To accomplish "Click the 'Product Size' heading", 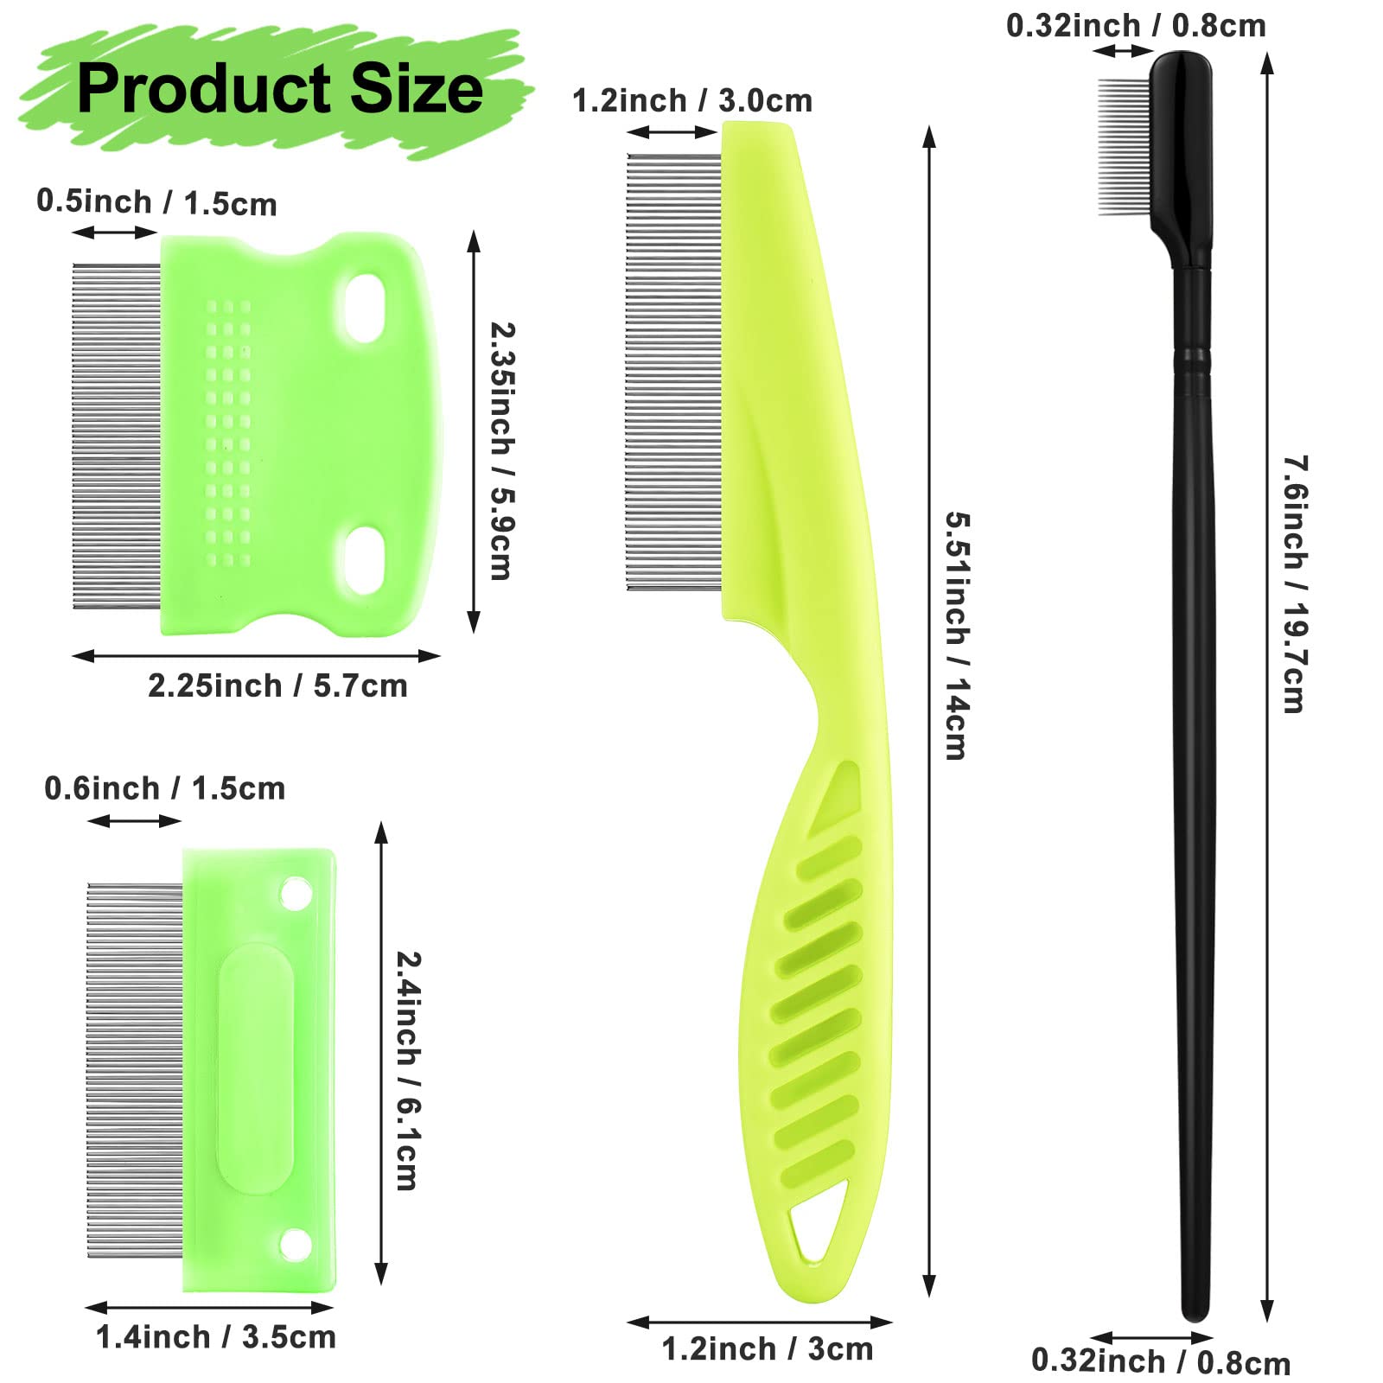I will point(279,88).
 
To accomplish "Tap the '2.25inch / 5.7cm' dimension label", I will point(277,685).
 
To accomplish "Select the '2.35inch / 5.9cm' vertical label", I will point(502,450).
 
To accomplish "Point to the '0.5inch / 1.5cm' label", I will point(156,202).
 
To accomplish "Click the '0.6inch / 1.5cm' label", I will point(164,788).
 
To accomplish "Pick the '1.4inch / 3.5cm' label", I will point(215,1336).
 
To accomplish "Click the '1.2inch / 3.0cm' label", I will point(691,100).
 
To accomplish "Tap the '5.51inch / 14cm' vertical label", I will point(957,635).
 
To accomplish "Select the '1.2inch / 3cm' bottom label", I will point(767,1348).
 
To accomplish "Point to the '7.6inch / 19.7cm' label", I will point(1294,583).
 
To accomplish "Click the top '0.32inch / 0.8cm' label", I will point(1135,26).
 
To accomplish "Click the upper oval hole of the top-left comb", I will point(365,308).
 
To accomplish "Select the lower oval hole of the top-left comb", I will point(365,560).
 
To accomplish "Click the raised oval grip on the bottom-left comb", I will point(255,1069).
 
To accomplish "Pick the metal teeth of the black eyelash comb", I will point(1124,147).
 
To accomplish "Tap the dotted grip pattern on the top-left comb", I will point(228,432).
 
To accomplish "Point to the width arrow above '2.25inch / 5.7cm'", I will point(256,656).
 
